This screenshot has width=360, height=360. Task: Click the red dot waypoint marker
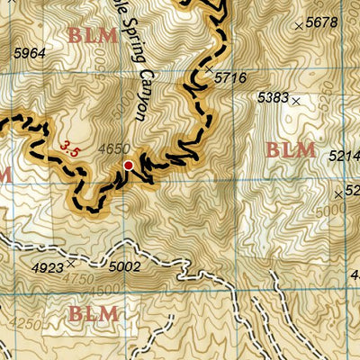coord(129,166)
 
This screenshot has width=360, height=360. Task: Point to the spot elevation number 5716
coord(230,79)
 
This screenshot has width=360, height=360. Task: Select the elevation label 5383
coord(272,95)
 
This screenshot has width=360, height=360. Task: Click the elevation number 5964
coord(29,54)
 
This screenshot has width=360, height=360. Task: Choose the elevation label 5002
coord(124,267)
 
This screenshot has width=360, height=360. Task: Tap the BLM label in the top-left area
coord(93,36)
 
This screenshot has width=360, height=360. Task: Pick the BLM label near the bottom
coord(94,314)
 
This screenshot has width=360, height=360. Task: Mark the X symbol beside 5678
coord(299,27)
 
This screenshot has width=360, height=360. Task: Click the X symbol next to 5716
coord(209,69)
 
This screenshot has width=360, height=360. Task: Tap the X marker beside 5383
coord(295,102)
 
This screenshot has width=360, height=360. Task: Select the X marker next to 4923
coord(70,265)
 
